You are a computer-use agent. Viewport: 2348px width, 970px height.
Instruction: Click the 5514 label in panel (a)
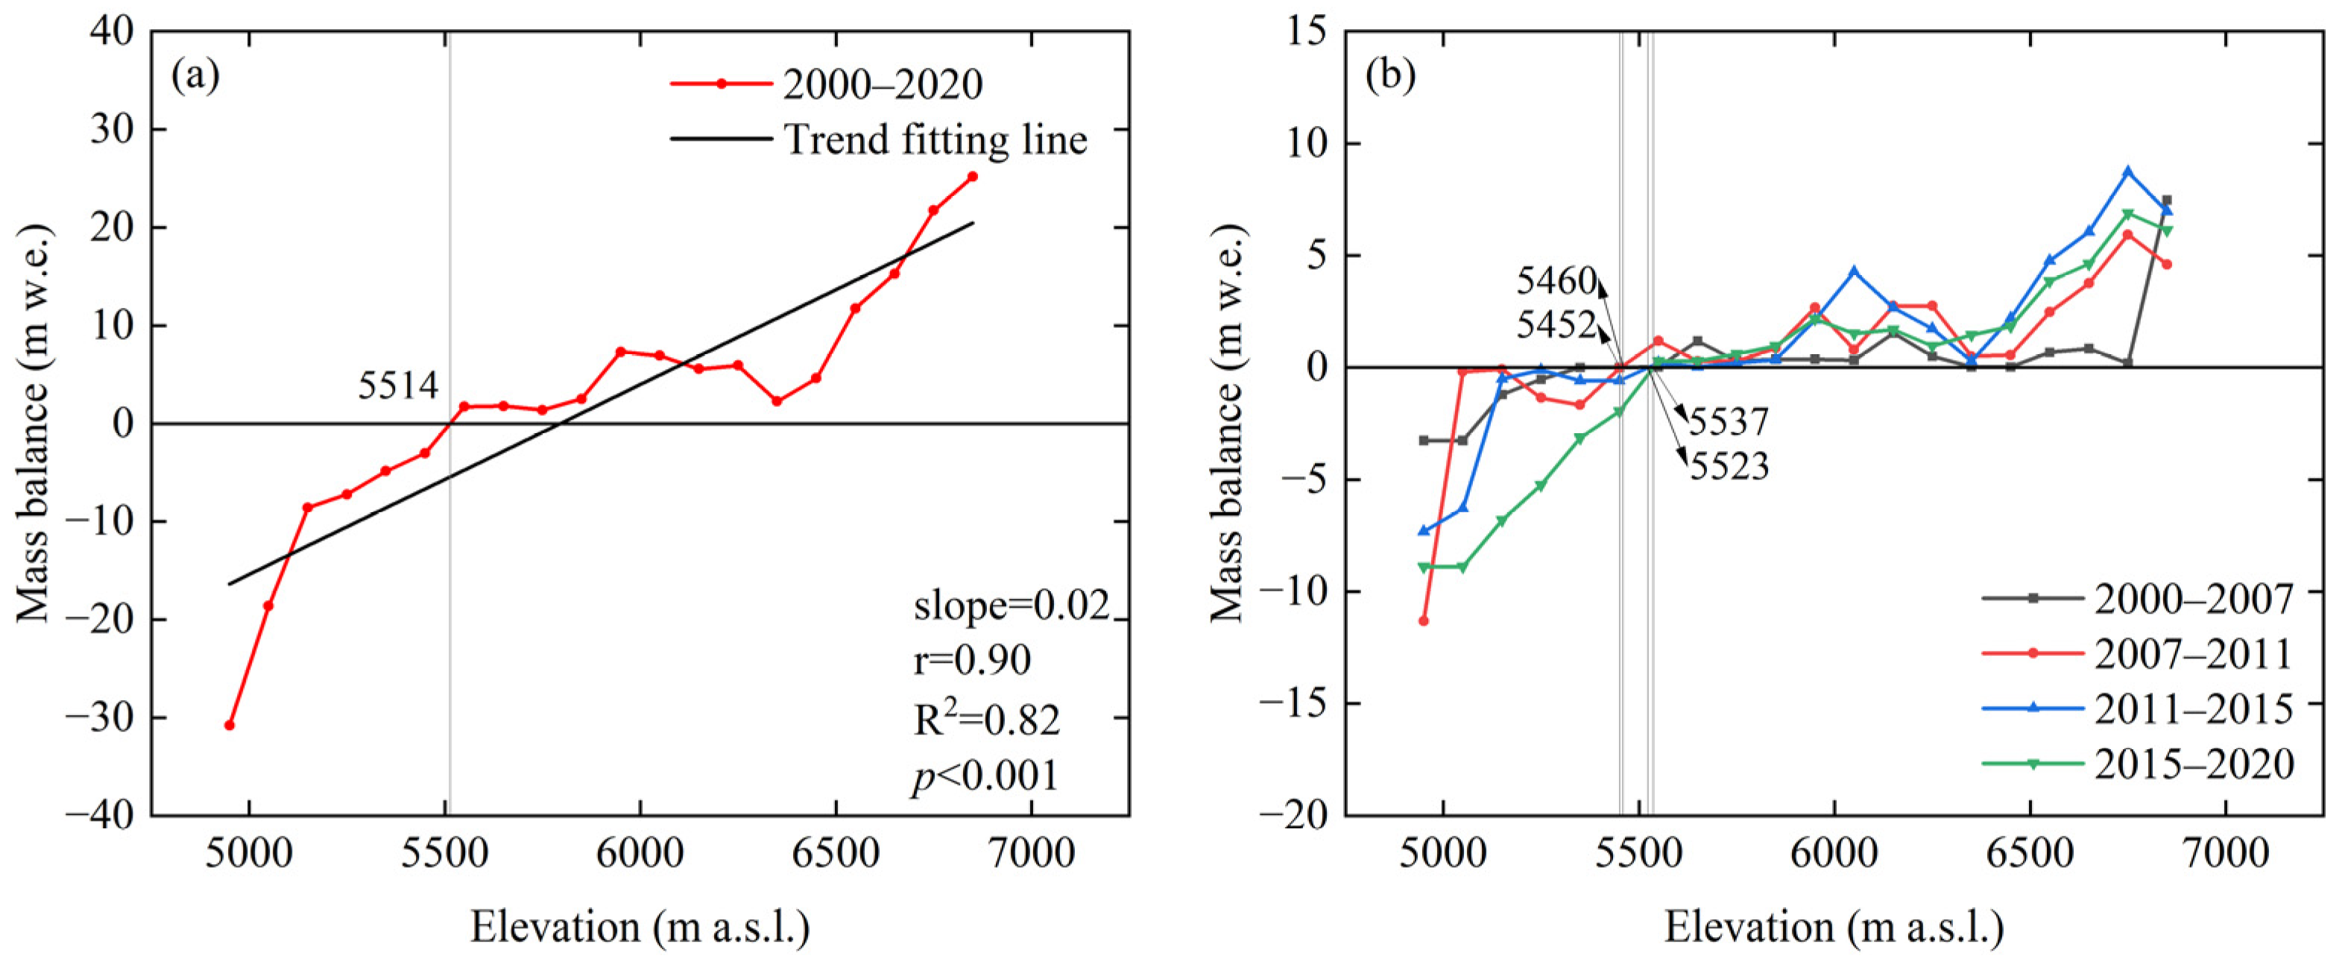point(397,386)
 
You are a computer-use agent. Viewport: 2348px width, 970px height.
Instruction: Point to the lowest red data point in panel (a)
point(230,725)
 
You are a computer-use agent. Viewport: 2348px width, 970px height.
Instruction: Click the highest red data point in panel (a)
point(972,177)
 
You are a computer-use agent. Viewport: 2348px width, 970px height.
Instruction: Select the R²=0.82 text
point(986,720)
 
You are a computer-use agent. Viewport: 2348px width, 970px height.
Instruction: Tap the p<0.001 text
point(985,776)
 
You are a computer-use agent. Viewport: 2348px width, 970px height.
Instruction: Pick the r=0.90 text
point(972,660)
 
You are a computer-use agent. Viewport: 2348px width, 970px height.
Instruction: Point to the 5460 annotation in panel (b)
point(1556,282)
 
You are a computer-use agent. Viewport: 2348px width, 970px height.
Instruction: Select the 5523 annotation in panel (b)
point(1729,467)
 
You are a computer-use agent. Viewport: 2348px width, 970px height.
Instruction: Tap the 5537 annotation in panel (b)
point(1729,422)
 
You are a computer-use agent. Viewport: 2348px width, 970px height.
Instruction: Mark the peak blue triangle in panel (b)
point(2128,171)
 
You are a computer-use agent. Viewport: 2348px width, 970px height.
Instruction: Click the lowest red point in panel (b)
point(1423,622)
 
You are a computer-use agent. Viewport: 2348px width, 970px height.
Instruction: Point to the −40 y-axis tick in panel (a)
point(107,815)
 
